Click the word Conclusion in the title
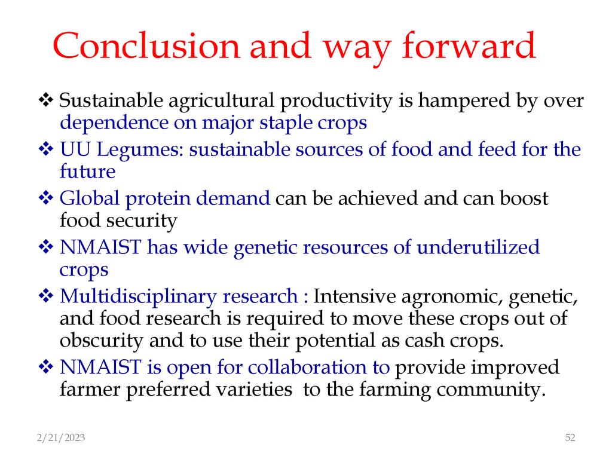click(x=146, y=45)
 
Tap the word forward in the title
click(x=469, y=45)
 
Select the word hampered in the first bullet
click(x=464, y=101)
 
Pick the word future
click(x=87, y=172)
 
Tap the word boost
click(x=524, y=198)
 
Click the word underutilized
click(x=478, y=247)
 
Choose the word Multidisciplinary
click(x=138, y=296)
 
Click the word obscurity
click(x=102, y=341)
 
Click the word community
click(x=491, y=390)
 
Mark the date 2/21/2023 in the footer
click(x=61, y=438)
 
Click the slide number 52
click(x=570, y=437)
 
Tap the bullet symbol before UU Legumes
click(x=45, y=149)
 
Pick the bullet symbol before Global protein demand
click(x=45, y=197)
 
